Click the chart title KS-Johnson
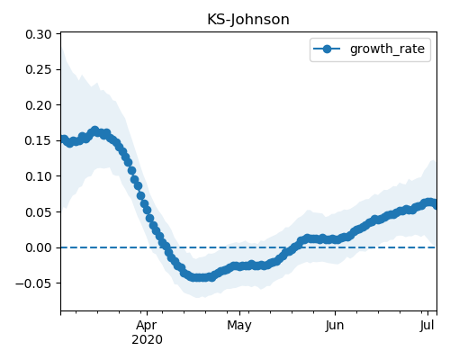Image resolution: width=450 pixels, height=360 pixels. (x=248, y=20)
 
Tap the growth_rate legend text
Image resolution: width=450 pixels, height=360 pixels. (x=387, y=49)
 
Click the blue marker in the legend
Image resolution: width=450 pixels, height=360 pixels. (x=327, y=49)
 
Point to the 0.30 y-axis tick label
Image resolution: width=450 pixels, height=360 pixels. (x=39, y=34)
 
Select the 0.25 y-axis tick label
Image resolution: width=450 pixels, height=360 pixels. (x=39, y=69)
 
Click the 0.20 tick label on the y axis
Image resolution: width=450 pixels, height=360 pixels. (x=39, y=105)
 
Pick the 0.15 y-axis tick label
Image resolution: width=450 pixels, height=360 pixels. (x=39, y=140)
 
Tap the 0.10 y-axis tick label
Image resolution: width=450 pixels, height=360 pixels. (x=39, y=176)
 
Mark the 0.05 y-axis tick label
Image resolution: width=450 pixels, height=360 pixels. (x=39, y=212)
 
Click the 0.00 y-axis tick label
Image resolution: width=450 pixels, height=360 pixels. (x=39, y=247)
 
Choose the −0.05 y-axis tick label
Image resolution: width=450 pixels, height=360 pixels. (x=33, y=283)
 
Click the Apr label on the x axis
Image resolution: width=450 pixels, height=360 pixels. (x=147, y=326)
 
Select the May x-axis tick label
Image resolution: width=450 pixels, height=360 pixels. (x=239, y=326)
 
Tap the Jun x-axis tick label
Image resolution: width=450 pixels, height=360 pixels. (x=335, y=326)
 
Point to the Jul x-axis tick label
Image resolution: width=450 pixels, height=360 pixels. (x=427, y=326)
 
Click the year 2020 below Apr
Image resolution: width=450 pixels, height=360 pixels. (x=147, y=339)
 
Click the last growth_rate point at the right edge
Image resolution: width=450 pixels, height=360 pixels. (x=435, y=204)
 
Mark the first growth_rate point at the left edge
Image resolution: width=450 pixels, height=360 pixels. (x=64, y=139)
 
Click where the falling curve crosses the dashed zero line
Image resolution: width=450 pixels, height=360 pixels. (x=166, y=247)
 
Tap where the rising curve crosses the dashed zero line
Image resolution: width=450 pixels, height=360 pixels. (x=289, y=247)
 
